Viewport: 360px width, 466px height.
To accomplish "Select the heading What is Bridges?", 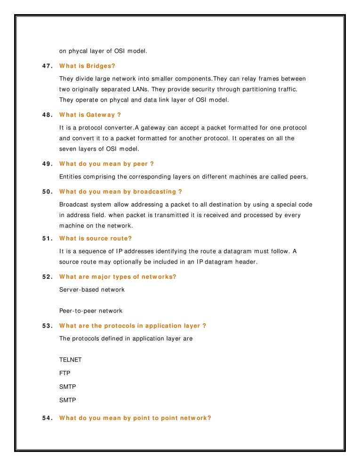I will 87,66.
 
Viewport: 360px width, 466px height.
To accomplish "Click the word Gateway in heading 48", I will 100,115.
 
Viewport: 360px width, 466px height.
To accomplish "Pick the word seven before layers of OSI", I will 69,149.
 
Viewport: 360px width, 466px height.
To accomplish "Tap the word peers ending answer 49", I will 297,177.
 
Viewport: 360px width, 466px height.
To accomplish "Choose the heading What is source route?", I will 96,239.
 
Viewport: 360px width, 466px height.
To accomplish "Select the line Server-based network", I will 92,289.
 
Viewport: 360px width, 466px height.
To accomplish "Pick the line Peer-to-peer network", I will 91,311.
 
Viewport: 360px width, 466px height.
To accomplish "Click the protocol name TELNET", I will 71,360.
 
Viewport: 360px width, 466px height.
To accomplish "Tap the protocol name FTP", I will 65,373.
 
